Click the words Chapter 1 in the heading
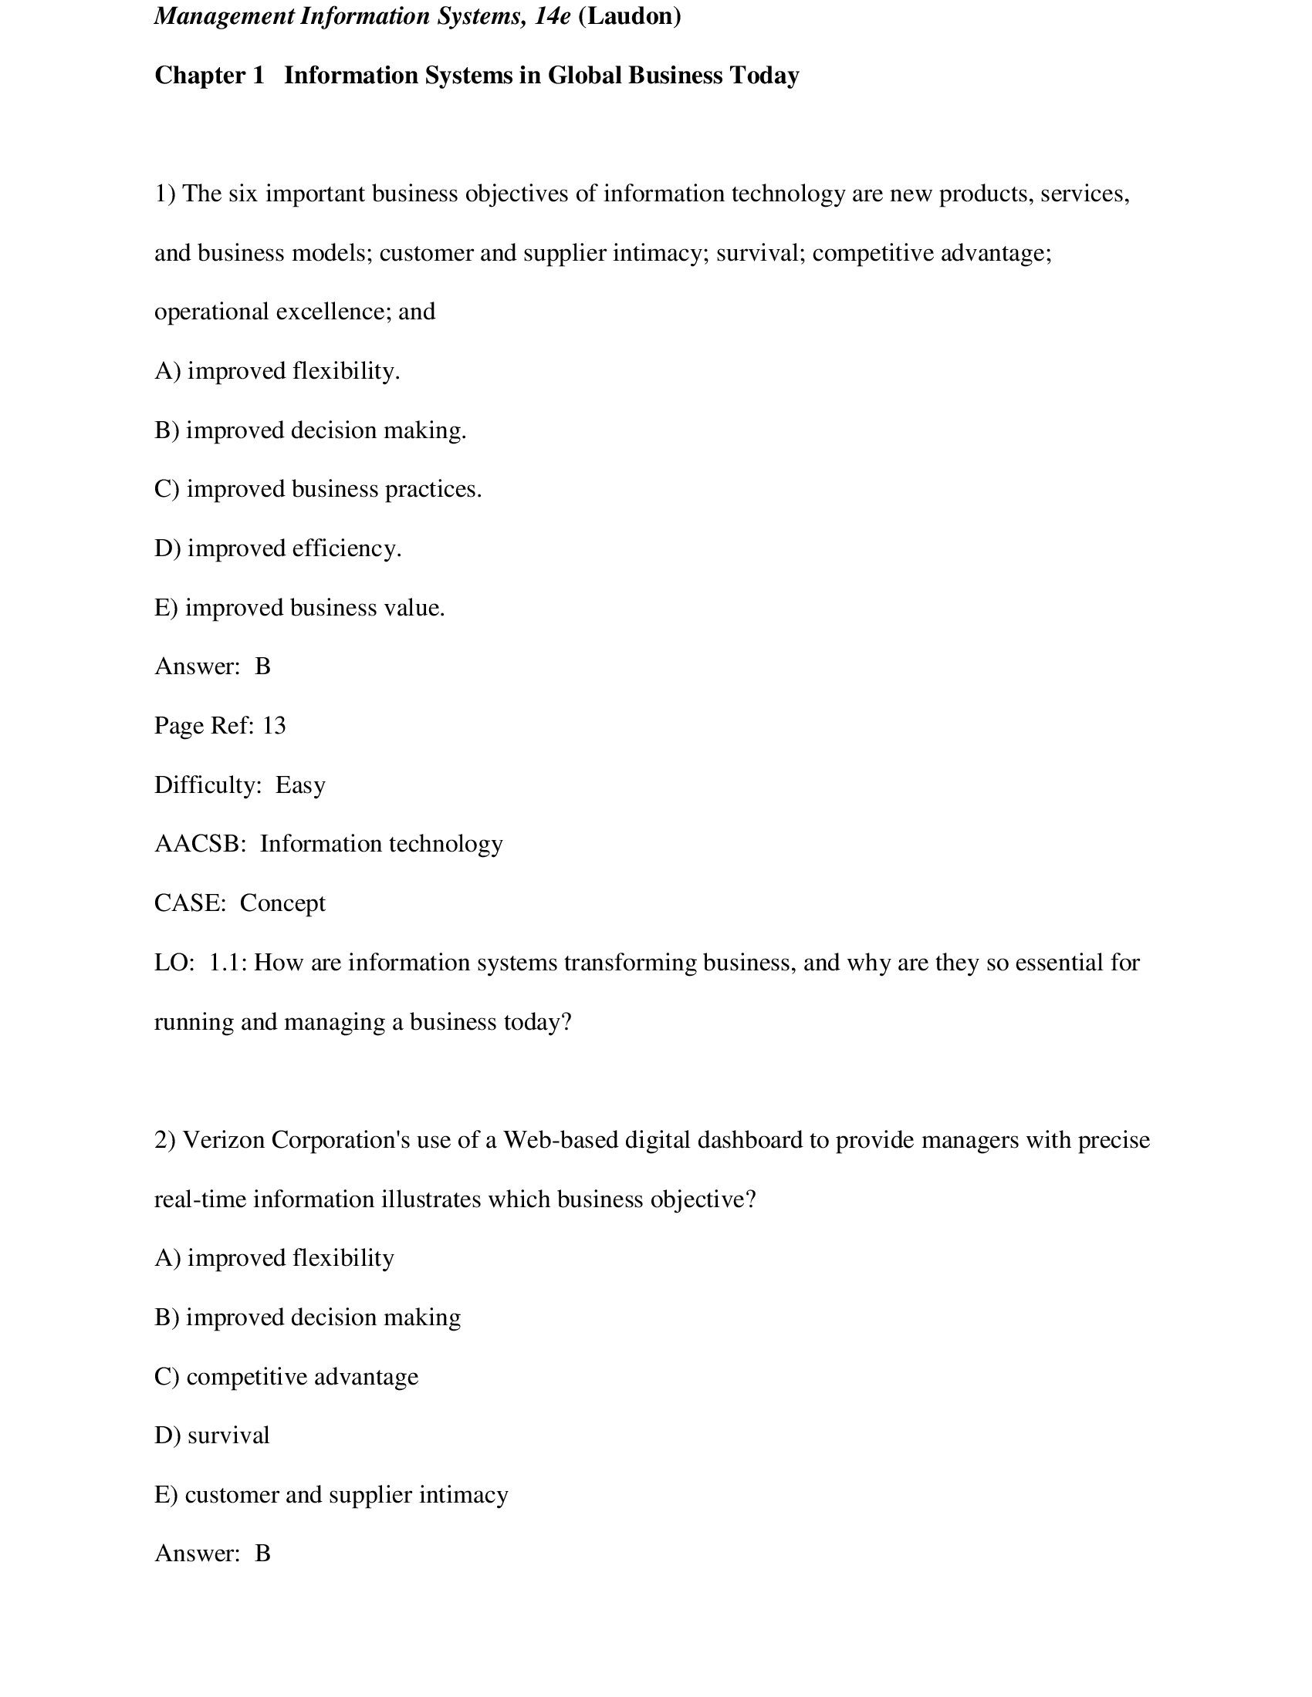[209, 76]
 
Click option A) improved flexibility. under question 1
[277, 372]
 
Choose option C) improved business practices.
[318, 490]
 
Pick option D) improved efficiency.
[278, 548]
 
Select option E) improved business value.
[299, 608]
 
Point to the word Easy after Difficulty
[300, 785]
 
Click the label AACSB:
[200, 845]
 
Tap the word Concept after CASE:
[282, 904]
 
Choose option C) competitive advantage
[286, 1378]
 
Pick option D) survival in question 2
[211, 1436]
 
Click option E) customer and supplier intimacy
[331, 1496]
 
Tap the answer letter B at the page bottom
[262, 1554]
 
